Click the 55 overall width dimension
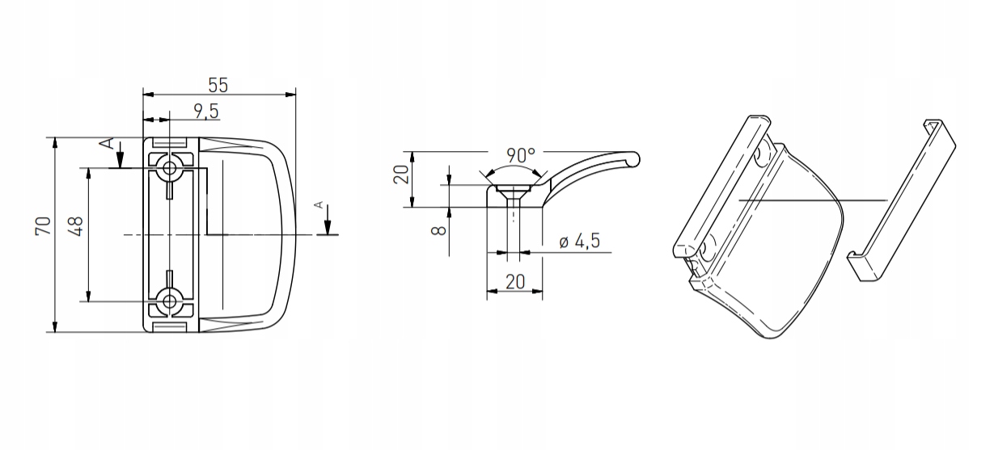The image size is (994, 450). pos(218,84)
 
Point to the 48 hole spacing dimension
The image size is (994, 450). pos(77,227)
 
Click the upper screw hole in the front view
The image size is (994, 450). pos(170,169)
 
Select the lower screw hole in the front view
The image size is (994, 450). pos(170,301)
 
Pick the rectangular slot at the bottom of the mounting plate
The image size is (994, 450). pos(170,327)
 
